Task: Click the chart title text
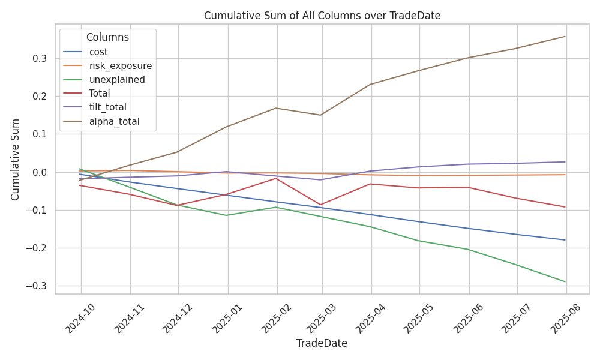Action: pyautogui.click(x=322, y=16)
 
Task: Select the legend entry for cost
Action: pyautogui.click(x=85, y=52)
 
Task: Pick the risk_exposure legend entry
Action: pyautogui.click(x=107, y=66)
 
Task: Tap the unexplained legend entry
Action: pyautogui.click(x=104, y=80)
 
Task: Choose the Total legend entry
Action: pyautogui.click(x=86, y=94)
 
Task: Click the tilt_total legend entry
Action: pyautogui.click(x=95, y=107)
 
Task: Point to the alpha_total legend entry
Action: pyautogui.click(x=101, y=121)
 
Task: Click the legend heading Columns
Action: pyautogui.click(x=107, y=37)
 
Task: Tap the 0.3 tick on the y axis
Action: pyautogui.click(x=39, y=59)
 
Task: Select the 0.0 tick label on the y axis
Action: pyautogui.click(x=39, y=173)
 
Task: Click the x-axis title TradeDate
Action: pyautogui.click(x=322, y=343)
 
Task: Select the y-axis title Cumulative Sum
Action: pyautogui.click(x=15, y=160)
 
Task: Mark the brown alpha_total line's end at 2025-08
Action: pyautogui.click(x=565, y=37)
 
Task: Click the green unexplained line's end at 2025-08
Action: pyautogui.click(x=565, y=282)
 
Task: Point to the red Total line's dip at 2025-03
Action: pyautogui.click(x=322, y=205)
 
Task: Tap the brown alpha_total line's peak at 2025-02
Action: pyautogui.click(x=277, y=108)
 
